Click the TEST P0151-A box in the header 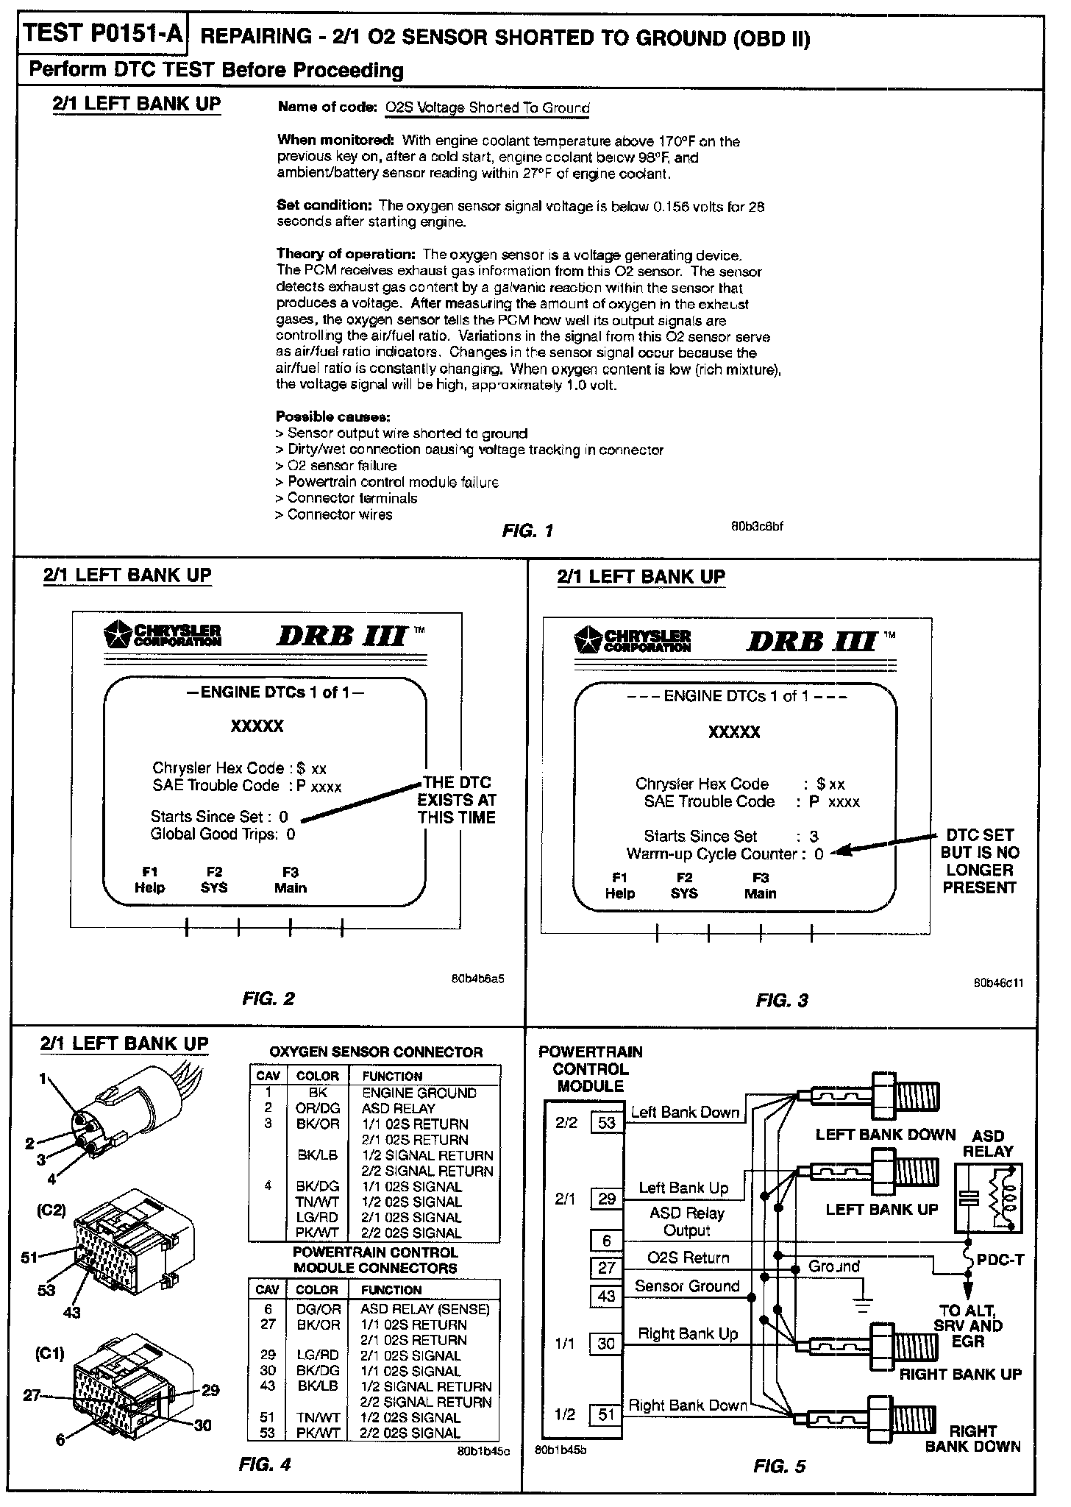(x=102, y=36)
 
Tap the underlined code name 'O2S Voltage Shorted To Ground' (x=488, y=107)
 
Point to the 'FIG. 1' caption (x=527, y=531)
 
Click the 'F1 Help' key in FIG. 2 (x=149, y=880)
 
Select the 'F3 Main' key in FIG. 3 (x=760, y=886)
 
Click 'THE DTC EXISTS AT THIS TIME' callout (x=457, y=800)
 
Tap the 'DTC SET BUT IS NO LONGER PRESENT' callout (x=979, y=861)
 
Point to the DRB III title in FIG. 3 (x=812, y=642)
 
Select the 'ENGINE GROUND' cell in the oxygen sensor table (x=419, y=1093)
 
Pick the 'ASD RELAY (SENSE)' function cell (x=424, y=1309)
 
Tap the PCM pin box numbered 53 (x=607, y=1123)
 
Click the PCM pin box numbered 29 (x=607, y=1199)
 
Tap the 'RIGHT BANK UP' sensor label (x=960, y=1374)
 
